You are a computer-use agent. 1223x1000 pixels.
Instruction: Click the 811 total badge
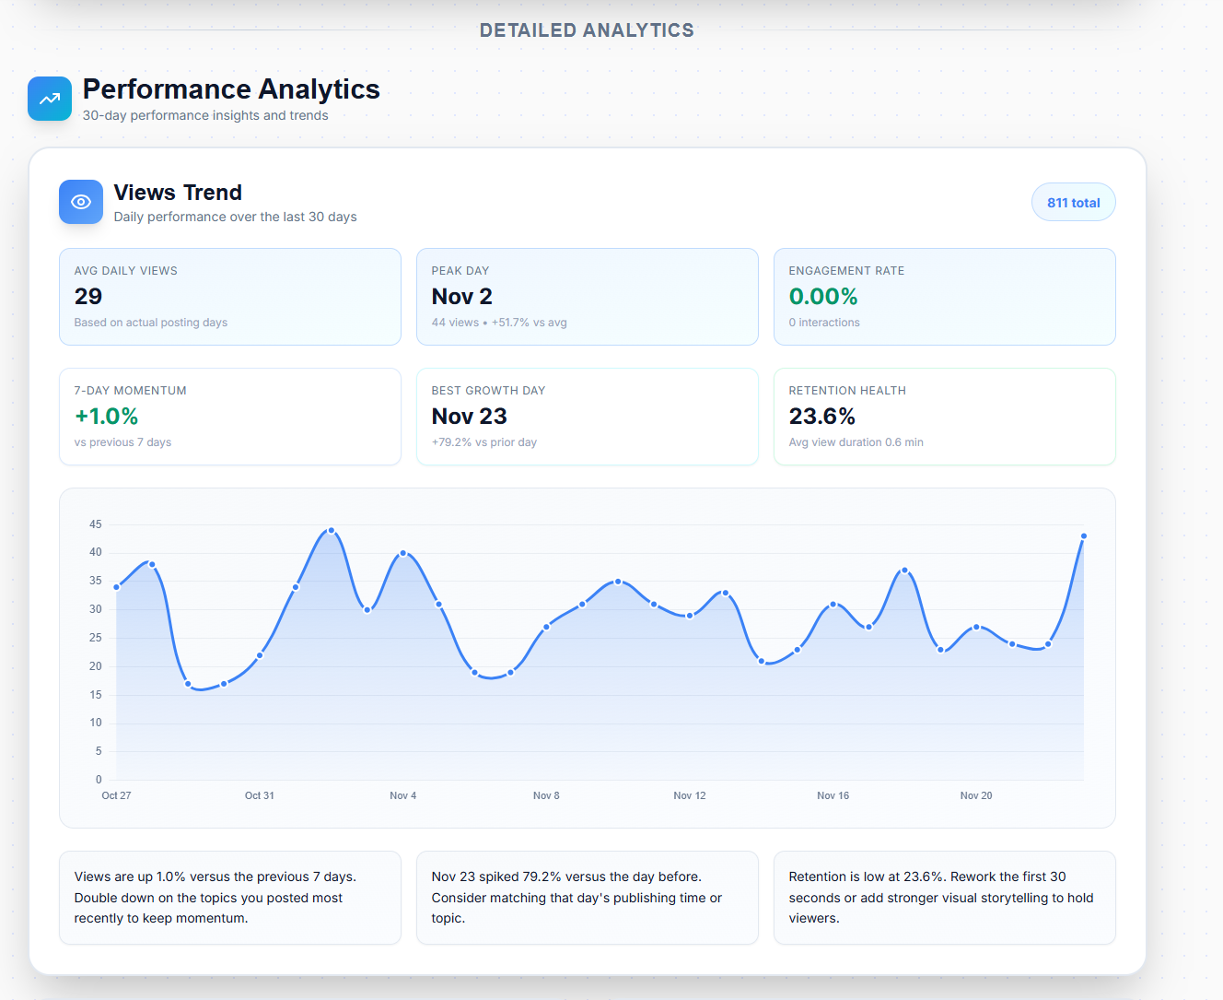pyautogui.click(x=1073, y=203)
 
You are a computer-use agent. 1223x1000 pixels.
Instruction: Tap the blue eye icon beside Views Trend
pyautogui.click(x=81, y=202)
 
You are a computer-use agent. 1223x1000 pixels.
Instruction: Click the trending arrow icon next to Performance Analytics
pyautogui.click(x=50, y=99)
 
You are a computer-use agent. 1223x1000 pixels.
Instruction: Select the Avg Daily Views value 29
pyautogui.click(x=88, y=297)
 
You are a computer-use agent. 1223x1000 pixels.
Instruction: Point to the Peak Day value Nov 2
pyautogui.click(x=461, y=297)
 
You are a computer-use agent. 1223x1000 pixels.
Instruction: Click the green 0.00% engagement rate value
pyautogui.click(x=823, y=297)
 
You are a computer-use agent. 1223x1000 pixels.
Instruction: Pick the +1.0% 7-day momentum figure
pyautogui.click(x=107, y=417)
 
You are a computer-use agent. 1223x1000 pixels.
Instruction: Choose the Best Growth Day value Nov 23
pyautogui.click(x=469, y=417)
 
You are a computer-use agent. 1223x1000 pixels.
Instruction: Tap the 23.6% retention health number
pyautogui.click(x=822, y=417)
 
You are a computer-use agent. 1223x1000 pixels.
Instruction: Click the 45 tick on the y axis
pyautogui.click(x=96, y=524)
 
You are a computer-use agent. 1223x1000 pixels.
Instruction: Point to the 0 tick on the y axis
pyautogui.click(x=99, y=780)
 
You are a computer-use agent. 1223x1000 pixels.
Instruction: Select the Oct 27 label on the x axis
pyautogui.click(x=116, y=795)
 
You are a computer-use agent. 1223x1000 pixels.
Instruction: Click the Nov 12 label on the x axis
pyautogui.click(x=690, y=795)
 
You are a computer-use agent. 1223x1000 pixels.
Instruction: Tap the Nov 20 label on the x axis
pyautogui.click(x=976, y=795)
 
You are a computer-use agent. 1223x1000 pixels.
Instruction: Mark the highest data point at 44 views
pyautogui.click(x=332, y=530)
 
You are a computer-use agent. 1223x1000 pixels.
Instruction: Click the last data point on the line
pyautogui.click(x=1084, y=535)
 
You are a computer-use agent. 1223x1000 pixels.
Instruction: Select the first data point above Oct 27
pyautogui.click(x=117, y=587)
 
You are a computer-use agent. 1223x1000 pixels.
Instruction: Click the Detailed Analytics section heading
pyautogui.click(x=587, y=30)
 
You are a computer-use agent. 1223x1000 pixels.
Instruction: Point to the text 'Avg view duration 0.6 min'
pyautogui.click(x=856, y=442)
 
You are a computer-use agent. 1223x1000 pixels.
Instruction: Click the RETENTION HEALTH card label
pyautogui.click(x=847, y=391)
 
